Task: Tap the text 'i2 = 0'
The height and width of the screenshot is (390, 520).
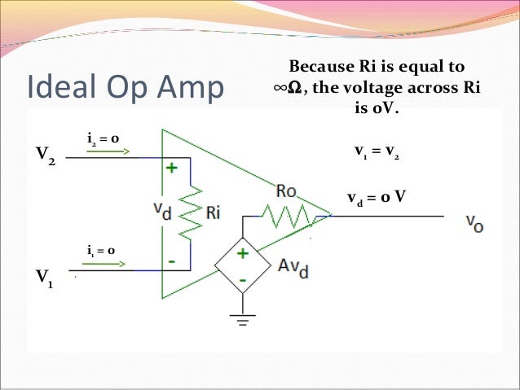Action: (x=104, y=139)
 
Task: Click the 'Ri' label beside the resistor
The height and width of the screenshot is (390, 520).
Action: (x=214, y=213)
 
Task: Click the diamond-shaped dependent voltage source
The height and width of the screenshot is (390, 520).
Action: (x=242, y=266)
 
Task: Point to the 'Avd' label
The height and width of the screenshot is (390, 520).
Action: (x=291, y=269)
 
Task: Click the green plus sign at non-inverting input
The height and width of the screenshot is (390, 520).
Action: (x=173, y=169)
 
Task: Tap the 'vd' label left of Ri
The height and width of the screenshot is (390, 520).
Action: (x=163, y=209)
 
